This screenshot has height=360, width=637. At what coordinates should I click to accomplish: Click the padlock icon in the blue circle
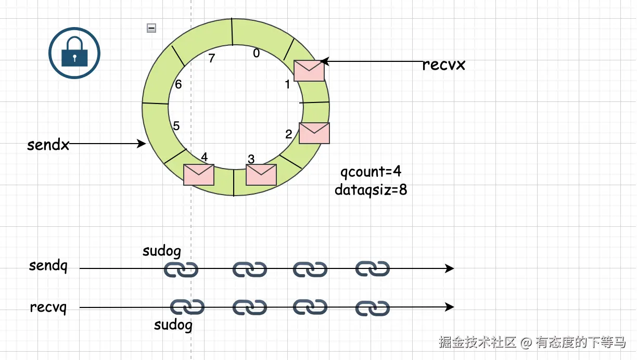coord(74,53)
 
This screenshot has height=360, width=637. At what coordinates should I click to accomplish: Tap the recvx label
coord(443,65)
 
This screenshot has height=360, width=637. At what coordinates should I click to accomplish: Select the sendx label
coord(48,145)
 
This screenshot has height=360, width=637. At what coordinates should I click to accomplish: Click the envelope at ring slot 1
coord(309,70)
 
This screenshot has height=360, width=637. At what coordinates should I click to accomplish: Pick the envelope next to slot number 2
coord(314,133)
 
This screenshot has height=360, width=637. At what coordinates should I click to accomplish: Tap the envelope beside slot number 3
coord(261,175)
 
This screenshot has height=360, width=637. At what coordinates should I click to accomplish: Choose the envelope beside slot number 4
coord(199,175)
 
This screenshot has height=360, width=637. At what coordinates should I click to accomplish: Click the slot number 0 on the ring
coord(256,53)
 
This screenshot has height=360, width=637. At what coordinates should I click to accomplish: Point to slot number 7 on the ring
coord(211,58)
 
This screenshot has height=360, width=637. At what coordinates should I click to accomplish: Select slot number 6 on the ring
coord(179,84)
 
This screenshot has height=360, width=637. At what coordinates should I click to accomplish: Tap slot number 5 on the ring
coord(176,126)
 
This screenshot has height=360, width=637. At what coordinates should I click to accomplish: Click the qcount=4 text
coord(371,172)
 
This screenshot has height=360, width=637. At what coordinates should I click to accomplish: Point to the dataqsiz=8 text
coord(371,190)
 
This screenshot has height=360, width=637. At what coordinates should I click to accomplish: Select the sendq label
coord(48,266)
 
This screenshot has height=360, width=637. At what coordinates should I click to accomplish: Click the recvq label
coord(48,307)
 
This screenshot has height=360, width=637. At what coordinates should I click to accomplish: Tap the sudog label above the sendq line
coord(162,251)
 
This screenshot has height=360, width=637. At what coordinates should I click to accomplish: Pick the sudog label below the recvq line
coord(173,326)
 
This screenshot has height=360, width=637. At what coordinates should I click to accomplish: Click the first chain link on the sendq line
coord(181,269)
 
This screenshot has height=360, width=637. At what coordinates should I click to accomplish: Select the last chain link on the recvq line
coord(373,308)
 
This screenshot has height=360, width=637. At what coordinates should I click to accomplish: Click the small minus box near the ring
coord(151,28)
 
